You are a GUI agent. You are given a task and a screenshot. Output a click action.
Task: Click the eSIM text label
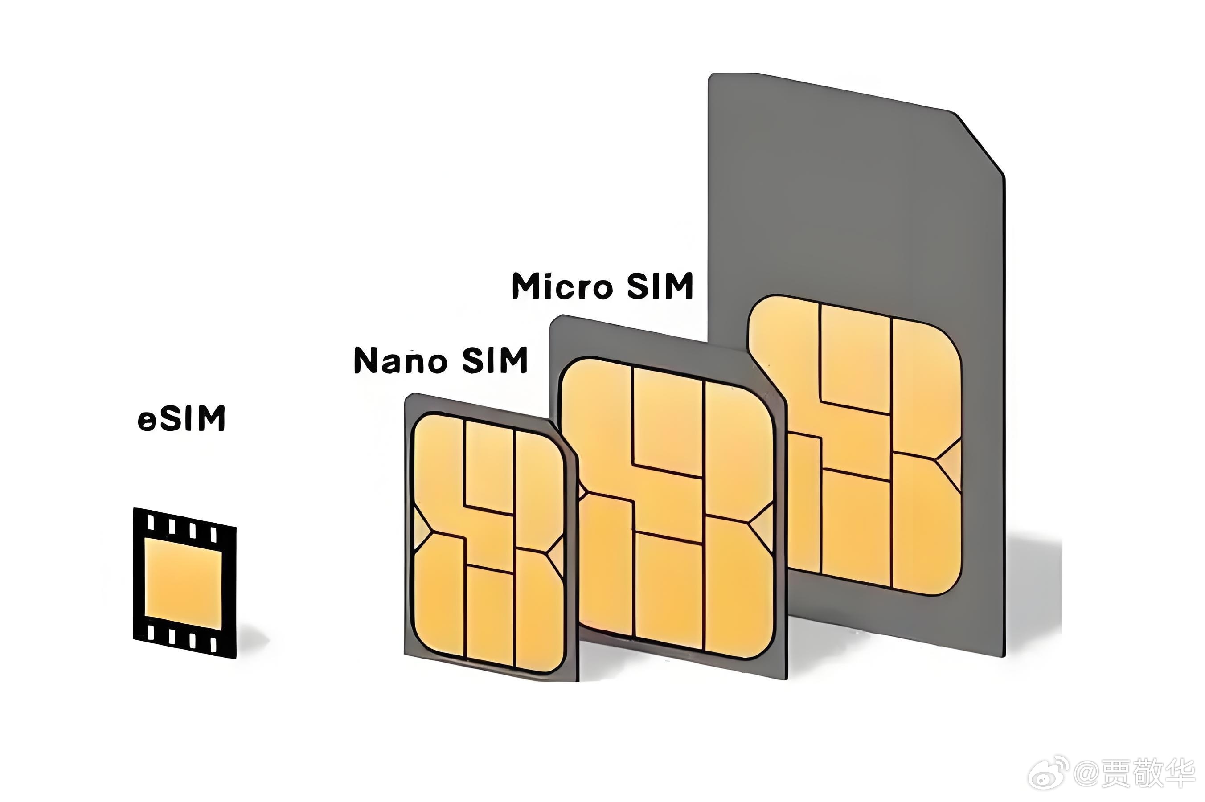(181, 419)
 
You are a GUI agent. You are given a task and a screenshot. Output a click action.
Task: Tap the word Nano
(401, 360)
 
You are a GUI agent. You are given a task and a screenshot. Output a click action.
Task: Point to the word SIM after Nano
(495, 360)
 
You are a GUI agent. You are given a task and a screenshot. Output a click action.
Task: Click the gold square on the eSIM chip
(184, 584)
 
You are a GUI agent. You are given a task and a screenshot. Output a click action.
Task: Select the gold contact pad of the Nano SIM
(488, 542)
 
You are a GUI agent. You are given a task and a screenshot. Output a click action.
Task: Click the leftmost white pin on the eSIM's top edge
(151, 522)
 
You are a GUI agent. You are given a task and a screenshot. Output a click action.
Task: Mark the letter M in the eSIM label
(210, 419)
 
